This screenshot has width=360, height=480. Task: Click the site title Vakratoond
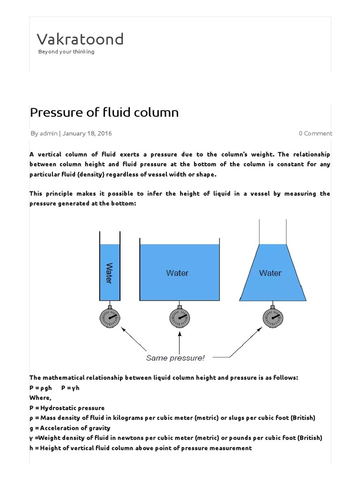click(80, 39)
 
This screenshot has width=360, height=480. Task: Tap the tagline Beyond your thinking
click(66, 52)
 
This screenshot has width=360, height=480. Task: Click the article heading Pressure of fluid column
click(104, 112)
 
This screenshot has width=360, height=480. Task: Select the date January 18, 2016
click(87, 133)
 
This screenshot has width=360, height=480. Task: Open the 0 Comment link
click(315, 133)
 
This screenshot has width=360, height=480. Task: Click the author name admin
click(49, 133)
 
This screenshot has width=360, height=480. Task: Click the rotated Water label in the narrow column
click(109, 273)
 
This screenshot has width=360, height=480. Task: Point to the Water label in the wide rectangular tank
click(177, 273)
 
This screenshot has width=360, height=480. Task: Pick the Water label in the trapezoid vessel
click(270, 273)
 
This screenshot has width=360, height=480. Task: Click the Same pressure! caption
click(175, 358)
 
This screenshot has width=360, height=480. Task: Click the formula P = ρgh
click(41, 388)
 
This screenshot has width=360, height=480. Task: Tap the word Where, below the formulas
click(40, 398)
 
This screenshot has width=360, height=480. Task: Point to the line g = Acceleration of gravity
click(70, 427)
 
